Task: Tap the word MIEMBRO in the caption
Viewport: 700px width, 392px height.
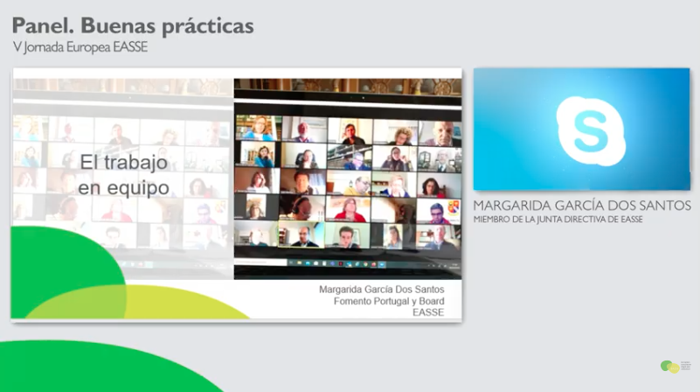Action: [x=495, y=219]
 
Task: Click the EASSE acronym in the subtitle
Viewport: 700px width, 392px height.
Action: [x=129, y=47]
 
